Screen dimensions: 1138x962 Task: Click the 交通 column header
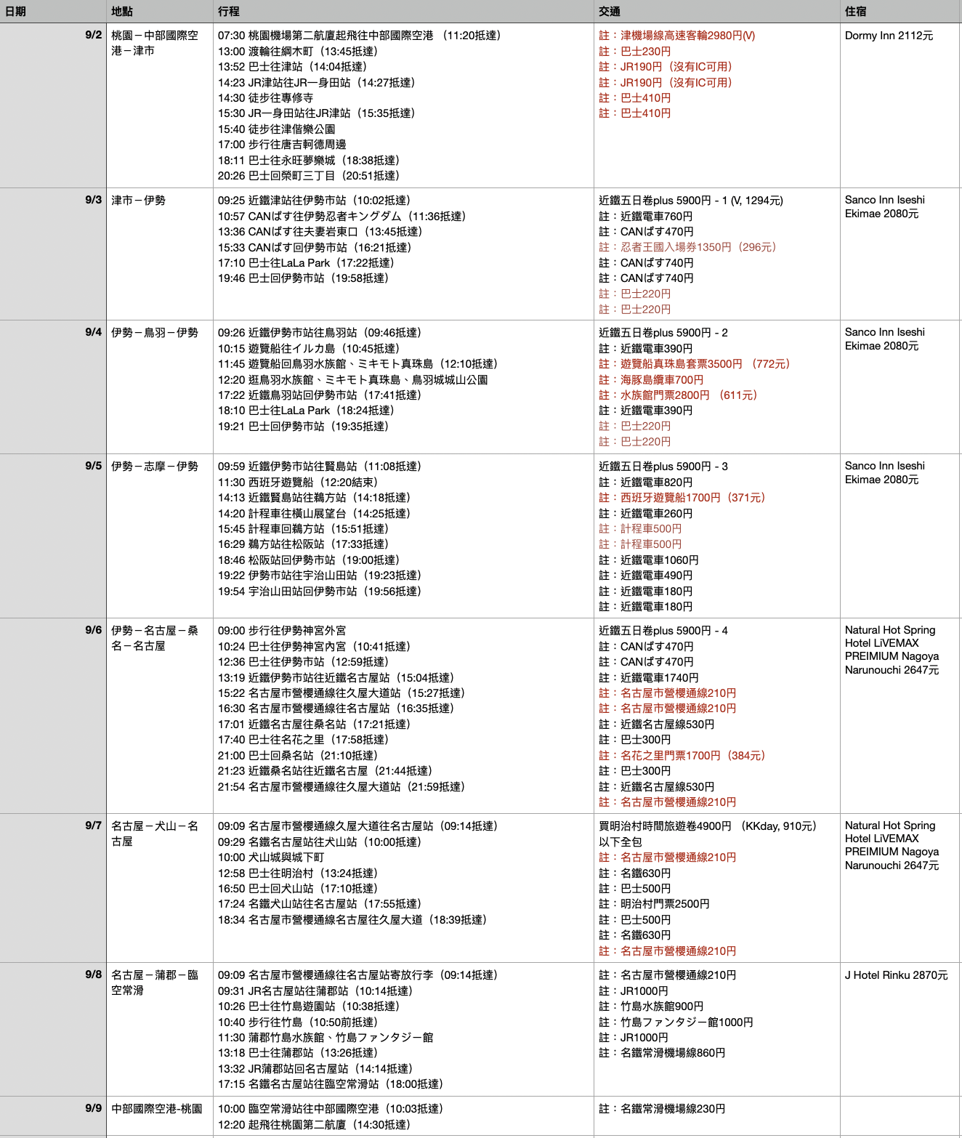click(x=610, y=12)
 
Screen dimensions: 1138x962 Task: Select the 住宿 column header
click(x=855, y=12)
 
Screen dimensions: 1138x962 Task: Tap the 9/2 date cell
click(x=93, y=35)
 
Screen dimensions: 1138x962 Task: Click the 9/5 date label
click(x=93, y=466)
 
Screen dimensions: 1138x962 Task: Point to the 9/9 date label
click(x=93, y=1108)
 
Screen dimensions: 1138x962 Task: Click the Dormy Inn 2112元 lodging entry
click(x=889, y=36)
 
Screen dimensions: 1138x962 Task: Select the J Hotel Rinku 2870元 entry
click(x=896, y=975)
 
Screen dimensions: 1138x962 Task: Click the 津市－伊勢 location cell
click(x=138, y=201)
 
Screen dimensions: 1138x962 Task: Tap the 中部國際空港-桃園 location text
click(x=156, y=1109)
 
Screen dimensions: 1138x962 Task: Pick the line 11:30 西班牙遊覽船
click(x=297, y=483)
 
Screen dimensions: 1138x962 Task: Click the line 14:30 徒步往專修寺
click(x=265, y=98)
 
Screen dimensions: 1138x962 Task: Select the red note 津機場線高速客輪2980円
click(x=676, y=36)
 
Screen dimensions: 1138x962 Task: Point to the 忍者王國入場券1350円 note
click(x=687, y=247)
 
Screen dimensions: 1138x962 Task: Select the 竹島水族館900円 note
click(x=651, y=1006)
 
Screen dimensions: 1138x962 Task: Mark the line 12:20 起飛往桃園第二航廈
click(x=314, y=1125)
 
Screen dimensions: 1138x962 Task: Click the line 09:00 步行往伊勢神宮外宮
click(x=282, y=631)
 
